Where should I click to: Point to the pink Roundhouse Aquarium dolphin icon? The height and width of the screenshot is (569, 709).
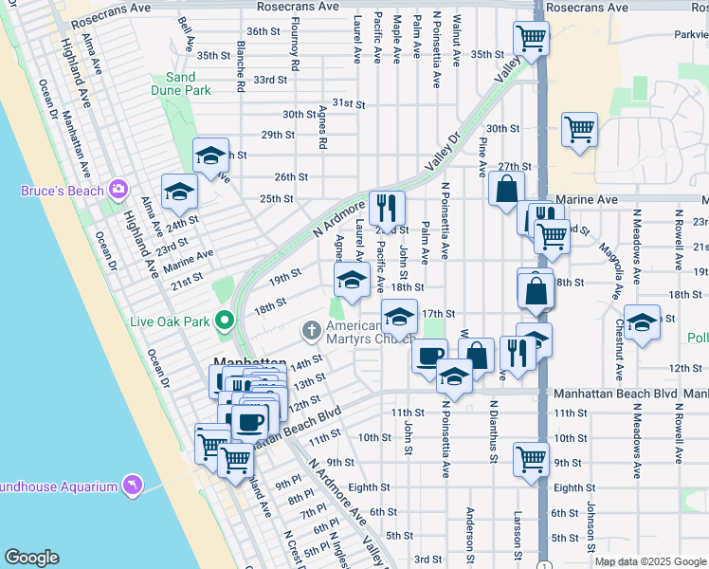point(133,486)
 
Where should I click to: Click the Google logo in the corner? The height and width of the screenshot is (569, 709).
point(31,558)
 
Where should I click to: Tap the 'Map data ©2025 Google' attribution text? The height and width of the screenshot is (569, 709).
point(650,561)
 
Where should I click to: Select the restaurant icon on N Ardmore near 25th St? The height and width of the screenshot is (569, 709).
point(387,206)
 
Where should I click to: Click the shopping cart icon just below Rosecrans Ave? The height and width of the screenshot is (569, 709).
point(531,38)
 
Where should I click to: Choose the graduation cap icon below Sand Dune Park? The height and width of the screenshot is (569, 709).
point(210,154)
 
